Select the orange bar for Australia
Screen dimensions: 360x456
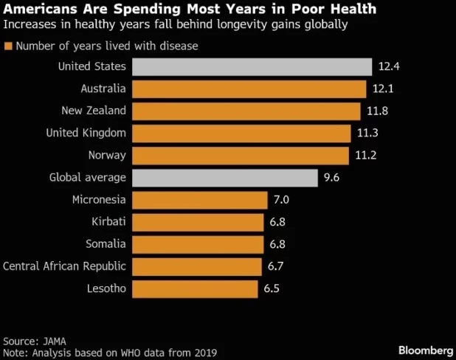tap(249, 89)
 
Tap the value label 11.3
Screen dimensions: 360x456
tap(366, 134)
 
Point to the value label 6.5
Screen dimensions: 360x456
tap(272, 288)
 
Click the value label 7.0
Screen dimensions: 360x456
tap(282, 200)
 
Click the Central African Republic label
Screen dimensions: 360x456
tap(65, 266)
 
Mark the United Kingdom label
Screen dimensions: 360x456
tap(86, 134)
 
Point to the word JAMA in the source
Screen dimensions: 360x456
tap(53, 342)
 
